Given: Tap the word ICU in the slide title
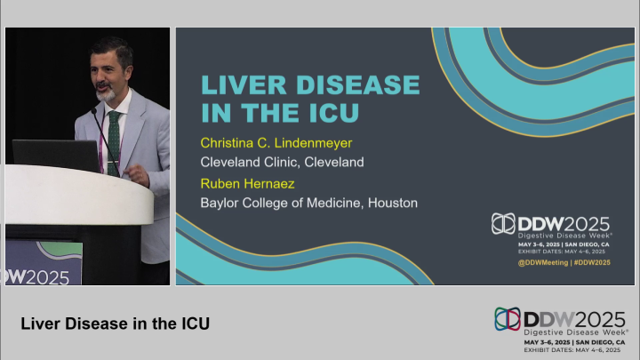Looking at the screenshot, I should pyautogui.click(x=331, y=113).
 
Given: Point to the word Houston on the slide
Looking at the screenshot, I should pyautogui.click(x=389, y=203).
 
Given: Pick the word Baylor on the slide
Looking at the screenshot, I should pyautogui.click(x=223, y=203).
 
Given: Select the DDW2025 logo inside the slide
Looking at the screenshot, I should pyautogui.click(x=552, y=224).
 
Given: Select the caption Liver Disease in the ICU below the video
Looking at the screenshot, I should pyautogui.click(x=115, y=324).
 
